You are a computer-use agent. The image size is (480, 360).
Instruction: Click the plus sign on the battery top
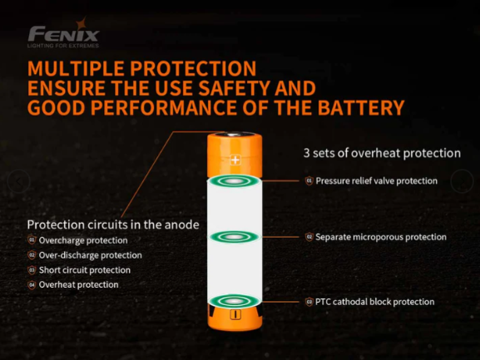pyautogui.click(x=235, y=159)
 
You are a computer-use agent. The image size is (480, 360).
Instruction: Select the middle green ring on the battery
pyautogui.click(x=235, y=237)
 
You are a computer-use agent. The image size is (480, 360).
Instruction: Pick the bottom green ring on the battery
pyautogui.click(x=235, y=301)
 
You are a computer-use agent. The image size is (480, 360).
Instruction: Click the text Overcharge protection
pyautogui.click(x=83, y=240)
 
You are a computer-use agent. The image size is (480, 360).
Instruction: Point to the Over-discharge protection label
pyautogui.click(x=90, y=255)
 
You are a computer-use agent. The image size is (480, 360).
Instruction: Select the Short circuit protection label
pyautogui.click(x=84, y=270)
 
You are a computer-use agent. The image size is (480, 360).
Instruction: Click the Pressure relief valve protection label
pyautogui.click(x=376, y=180)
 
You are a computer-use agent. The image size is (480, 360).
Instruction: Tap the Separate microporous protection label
pyautogui.click(x=380, y=237)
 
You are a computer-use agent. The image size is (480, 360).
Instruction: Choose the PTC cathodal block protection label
pyautogui.click(x=375, y=301)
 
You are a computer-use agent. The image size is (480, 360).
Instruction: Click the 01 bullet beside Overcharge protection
pyautogui.click(x=32, y=240)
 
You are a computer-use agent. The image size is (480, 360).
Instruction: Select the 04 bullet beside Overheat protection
pyautogui.click(x=32, y=285)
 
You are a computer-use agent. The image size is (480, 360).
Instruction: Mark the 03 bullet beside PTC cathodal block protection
pyautogui.click(x=309, y=301)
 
